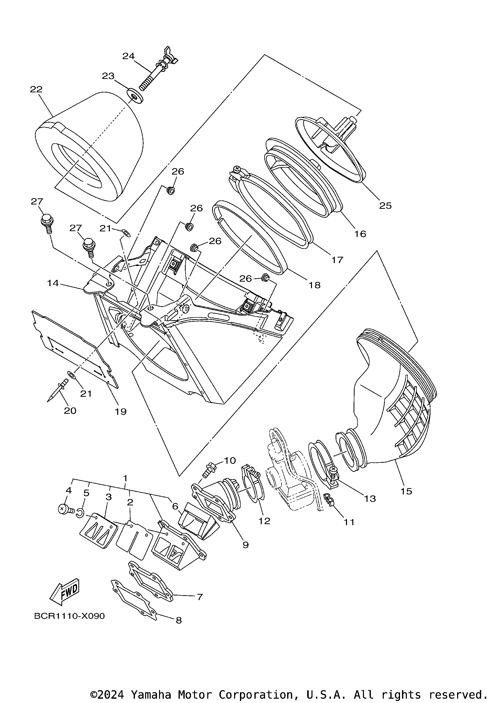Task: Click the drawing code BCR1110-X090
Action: [69, 616]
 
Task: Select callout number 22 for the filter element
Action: [36, 89]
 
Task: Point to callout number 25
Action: [385, 206]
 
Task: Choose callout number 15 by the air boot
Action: [406, 491]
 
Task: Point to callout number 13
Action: [370, 499]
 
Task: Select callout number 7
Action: [200, 597]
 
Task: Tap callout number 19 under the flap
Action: [120, 411]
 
